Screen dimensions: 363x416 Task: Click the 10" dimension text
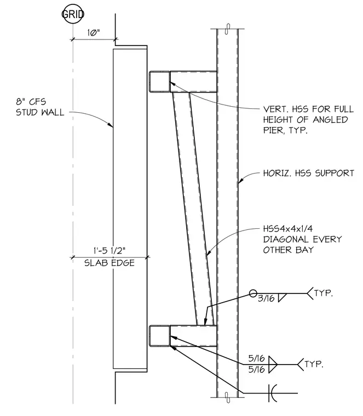pyautogui.click(x=94, y=33)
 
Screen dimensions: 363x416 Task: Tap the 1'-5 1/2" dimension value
pyautogui.click(x=110, y=251)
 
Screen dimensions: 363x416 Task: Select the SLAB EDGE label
pyautogui.click(x=110, y=263)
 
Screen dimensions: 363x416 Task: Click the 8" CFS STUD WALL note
pyautogui.click(x=40, y=107)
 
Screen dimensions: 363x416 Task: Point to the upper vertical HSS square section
pyautogui.click(x=159, y=82)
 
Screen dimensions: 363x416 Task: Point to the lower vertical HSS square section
pyautogui.click(x=159, y=336)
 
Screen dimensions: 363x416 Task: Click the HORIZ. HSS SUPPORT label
pyautogui.click(x=309, y=174)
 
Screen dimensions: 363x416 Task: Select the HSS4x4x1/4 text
pyautogui.click(x=288, y=228)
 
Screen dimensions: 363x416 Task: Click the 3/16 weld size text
pyautogui.click(x=266, y=298)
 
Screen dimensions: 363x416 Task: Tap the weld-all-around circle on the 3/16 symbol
pyautogui.click(x=253, y=293)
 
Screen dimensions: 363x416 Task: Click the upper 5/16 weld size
pyautogui.click(x=256, y=359)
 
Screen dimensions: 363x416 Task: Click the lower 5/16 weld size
pyautogui.click(x=256, y=369)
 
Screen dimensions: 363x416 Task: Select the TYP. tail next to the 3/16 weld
pyautogui.click(x=324, y=293)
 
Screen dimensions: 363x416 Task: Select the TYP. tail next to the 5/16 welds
pyautogui.click(x=314, y=364)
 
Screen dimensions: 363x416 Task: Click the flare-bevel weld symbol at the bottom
pyautogui.click(x=273, y=393)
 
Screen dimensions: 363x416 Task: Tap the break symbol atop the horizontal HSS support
pyautogui.click(x=227, y=29)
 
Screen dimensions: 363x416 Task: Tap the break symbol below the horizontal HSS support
pyautogui.click(x=227, y=397)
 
